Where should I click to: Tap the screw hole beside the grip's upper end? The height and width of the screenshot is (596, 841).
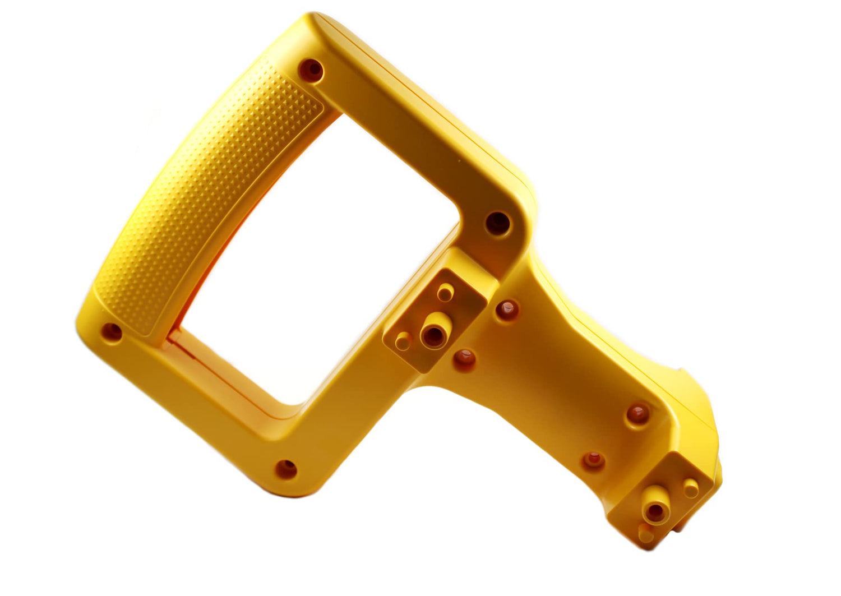coord(312,70)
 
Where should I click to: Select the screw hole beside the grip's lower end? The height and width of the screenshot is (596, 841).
coord(112,331)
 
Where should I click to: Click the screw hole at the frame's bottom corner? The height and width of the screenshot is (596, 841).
coord(287,468)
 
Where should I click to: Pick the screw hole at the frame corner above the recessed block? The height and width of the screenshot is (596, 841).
coord(497,223)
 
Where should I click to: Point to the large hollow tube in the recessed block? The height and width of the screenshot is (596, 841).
coord(433,335)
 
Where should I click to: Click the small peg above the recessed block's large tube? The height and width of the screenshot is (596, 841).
coord(445,292)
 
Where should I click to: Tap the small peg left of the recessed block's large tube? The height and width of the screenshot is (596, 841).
coord(403,340)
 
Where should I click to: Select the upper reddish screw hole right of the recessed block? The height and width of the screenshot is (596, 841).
coord(507,309)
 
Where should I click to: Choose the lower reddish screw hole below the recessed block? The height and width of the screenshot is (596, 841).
coord(464,359)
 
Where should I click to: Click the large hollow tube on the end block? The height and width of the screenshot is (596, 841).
coord(654,511)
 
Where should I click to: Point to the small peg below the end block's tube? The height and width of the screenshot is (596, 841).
coord(645,533)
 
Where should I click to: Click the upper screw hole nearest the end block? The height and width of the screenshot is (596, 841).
coord(637,414)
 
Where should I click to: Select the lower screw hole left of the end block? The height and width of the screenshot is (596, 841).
coord(593,461)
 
